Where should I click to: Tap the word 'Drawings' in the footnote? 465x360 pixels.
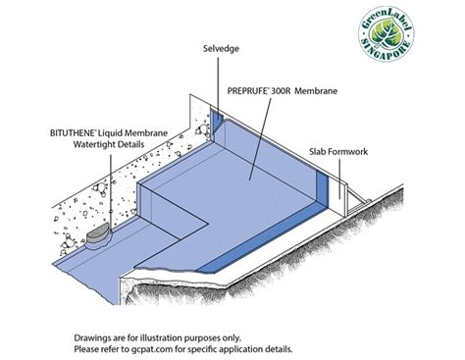click(x=93, y=336)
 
